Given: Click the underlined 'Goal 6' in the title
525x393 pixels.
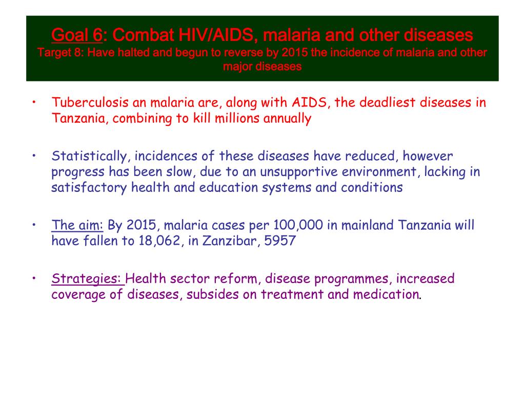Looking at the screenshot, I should (x=77, y=35).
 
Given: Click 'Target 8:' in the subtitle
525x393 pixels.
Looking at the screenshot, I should (x=57, y=53).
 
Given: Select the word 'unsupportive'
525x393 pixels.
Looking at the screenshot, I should (x=284, y=172).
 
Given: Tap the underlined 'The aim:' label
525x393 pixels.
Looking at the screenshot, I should (x=77, y=225).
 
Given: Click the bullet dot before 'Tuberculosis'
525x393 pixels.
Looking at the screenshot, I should (x=33, y=102).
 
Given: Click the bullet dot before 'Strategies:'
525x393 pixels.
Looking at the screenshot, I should (x=33, y=279).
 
